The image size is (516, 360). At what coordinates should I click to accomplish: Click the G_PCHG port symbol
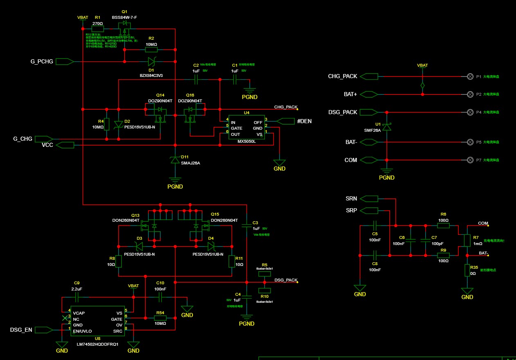click(65, 61)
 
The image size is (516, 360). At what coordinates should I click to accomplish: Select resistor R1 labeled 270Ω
click(97, 29)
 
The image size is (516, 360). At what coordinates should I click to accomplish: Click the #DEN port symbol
click(286, 121)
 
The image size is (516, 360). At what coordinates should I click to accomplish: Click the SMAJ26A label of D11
click(191, 163)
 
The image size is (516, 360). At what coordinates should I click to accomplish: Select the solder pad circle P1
click(470, 76)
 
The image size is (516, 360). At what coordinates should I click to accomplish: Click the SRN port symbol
click(369, 199)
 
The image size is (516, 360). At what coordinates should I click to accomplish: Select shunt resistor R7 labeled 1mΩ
click(467, 240)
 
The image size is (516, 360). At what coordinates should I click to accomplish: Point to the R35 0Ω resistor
click(467, 270)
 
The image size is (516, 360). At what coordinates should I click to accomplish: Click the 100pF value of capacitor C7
click(434, 243)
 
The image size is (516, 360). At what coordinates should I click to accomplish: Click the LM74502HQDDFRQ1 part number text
click(97, 344)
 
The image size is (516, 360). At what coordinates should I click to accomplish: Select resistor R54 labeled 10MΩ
click(160, 317)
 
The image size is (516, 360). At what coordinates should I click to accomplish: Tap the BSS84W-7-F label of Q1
click(125, 18)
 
